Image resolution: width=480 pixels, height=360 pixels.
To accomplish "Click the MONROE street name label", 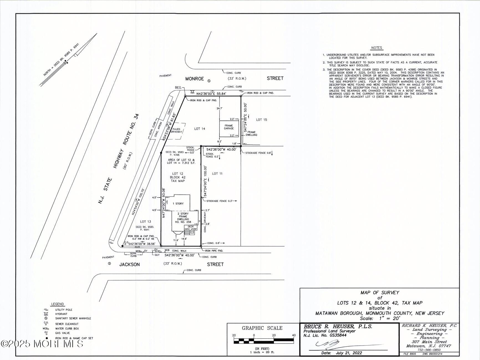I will click(194, 79).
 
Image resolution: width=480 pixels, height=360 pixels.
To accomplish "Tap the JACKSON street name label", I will click(129, 265).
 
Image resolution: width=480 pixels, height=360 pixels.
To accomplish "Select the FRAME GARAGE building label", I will click(229, 127).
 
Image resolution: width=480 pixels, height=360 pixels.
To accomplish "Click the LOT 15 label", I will click(261, 120).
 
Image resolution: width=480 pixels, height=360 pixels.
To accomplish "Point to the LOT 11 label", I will click(217, 173).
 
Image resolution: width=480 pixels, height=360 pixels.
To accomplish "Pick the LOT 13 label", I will click(145, 221).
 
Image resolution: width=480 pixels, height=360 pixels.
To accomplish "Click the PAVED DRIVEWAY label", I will click(176, 130).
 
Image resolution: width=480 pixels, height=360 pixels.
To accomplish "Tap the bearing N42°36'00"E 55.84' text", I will click(211, 94).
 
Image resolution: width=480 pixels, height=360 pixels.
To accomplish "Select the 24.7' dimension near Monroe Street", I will click(219, 108).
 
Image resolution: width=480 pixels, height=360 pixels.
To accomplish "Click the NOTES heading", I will click(376, 48).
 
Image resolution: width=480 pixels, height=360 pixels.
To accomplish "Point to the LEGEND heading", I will click(57, 304).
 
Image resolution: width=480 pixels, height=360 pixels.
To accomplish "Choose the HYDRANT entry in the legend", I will click(61, 314).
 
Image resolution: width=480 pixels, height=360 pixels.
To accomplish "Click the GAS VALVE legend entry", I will click(62, 333).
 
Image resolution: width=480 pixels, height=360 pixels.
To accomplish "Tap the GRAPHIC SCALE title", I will click(262, 328).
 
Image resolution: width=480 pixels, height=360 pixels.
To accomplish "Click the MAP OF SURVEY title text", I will click(380, 293).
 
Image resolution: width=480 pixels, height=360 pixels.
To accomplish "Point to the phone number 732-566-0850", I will click(429, 350).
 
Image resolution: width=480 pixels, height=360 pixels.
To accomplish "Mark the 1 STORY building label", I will click(178, 203).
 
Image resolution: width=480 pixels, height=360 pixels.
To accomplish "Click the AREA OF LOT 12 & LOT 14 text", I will click(181, 161).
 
